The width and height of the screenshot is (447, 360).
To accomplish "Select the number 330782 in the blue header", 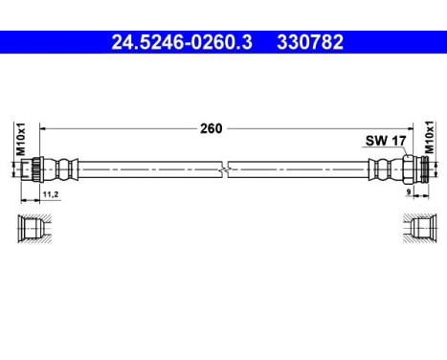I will pyautogui.click(x=310, y=42).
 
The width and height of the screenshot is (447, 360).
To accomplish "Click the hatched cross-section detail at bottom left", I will pyautogui.click(x=31, y=230).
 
